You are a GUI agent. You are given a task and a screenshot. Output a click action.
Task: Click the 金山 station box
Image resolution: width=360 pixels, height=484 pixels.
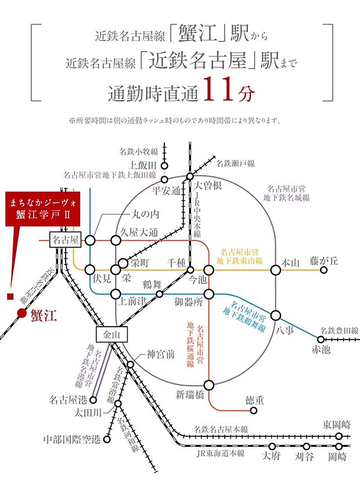(110, 335)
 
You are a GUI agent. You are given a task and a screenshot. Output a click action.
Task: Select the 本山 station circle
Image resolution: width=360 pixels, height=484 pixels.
(278, 269)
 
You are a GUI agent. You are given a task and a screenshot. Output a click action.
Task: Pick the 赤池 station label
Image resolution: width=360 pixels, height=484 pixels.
(321, 349)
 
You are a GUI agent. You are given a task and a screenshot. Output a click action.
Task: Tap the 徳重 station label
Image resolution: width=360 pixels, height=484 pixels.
(253, 400)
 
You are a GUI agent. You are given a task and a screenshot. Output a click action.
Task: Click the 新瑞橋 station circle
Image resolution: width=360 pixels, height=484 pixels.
(209, 384)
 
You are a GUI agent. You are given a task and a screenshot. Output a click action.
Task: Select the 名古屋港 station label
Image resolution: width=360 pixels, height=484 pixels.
(68, 399)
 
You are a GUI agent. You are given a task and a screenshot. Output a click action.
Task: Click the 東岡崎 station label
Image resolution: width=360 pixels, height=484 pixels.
(337, 424)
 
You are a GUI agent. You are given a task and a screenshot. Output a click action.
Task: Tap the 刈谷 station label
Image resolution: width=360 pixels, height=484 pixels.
(303, 457)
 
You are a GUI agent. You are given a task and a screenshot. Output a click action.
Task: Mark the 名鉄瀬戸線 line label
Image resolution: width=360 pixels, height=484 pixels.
(235, 164)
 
